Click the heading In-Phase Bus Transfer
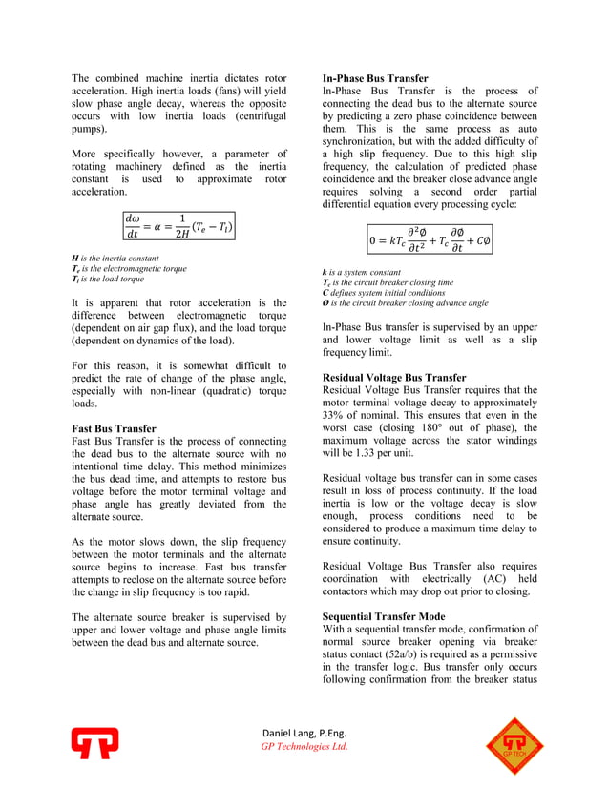[375, 78]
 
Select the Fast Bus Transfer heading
[114, 428]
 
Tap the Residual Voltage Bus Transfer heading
[394, 378]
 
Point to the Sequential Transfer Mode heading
[384, 616]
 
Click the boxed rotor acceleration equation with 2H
[178, 226]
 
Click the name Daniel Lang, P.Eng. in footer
[304, 732]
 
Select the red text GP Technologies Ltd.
[304, 746]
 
